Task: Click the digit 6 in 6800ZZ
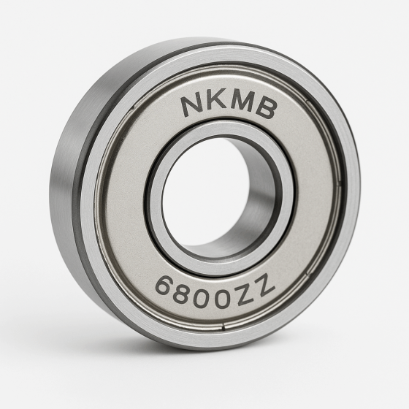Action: (166, 283)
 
